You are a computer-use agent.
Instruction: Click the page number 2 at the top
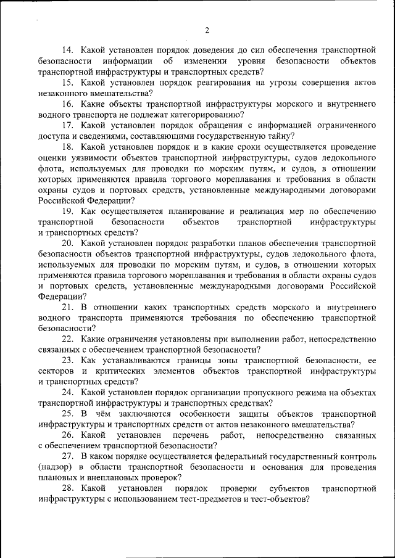(207, 30)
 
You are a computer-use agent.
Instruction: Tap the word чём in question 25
(109, 414)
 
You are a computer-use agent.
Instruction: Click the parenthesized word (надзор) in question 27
(56, 467)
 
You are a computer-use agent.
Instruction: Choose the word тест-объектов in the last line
(275, 499)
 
